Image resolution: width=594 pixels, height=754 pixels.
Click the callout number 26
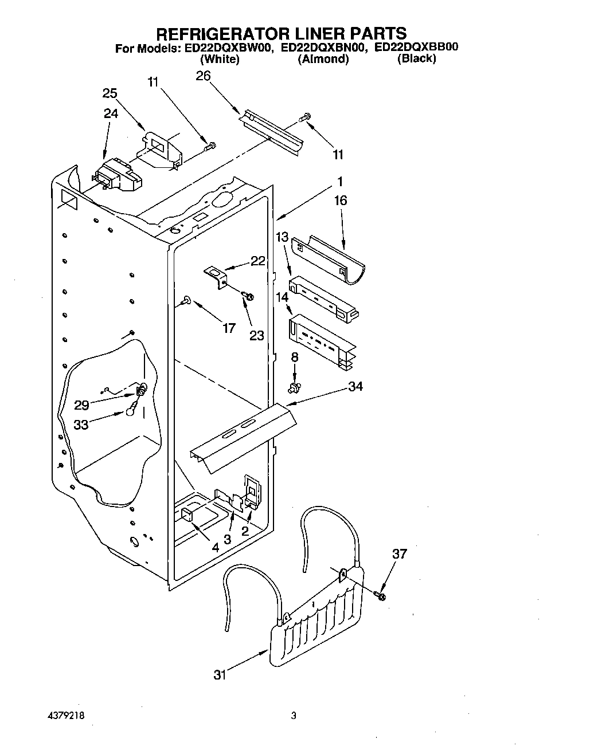click(x=203, y=76)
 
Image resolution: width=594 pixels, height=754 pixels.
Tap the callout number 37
click(x=400, y=553)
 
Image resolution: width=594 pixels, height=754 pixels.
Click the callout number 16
click(x=341, y=201)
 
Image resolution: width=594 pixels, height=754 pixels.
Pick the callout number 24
click(x=111, y=113)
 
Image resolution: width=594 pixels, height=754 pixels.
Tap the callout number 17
click(x=229, y=328)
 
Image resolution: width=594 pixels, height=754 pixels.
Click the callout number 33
click(x=81, y=426)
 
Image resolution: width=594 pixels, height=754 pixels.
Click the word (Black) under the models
click(x=416, y=59)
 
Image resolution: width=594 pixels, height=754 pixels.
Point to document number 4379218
click(x=67, y=716)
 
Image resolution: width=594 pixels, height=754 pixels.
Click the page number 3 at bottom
click(x=294, y=716)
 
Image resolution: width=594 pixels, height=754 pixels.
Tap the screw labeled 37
click(x=381, y=596)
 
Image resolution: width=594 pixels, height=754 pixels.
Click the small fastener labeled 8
click(x=295, y=388)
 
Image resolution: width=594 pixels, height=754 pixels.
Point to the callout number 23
click(x=256, y=335)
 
